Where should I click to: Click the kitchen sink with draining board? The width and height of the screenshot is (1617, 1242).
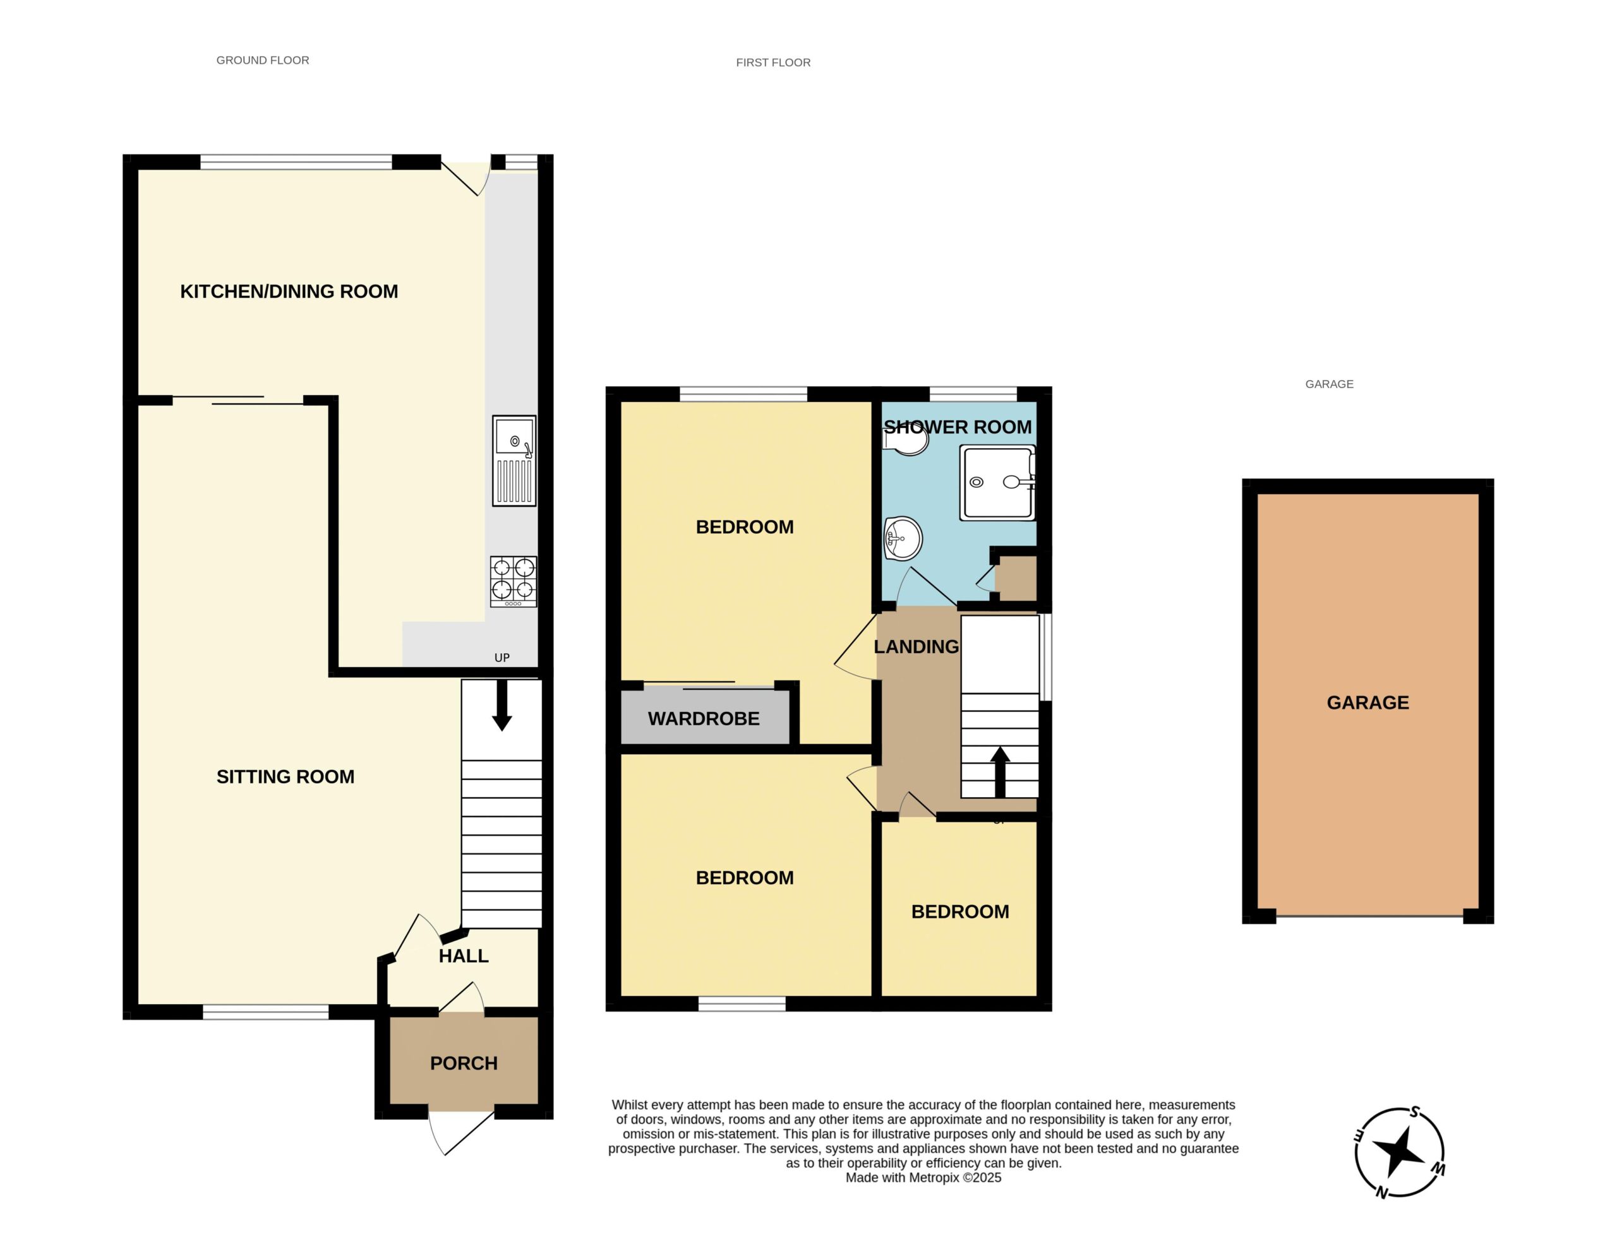click(x=514, y=461)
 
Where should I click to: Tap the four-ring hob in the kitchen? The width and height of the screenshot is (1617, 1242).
click(x=514, y=582)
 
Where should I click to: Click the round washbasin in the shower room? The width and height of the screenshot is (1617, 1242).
click(x=903, y=538)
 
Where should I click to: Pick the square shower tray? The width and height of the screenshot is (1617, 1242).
click(x=997, y=482)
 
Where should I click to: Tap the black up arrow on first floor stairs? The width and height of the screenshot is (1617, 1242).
click(x=1000, y=772)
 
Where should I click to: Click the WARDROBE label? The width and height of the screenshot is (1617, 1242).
click(x=704, y=719)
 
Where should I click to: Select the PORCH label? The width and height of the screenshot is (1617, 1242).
click(x=464, y=1063)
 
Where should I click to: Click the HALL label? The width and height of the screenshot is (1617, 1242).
click(x=464, y=956)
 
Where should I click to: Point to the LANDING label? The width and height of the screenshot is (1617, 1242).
click(x=916, y=647)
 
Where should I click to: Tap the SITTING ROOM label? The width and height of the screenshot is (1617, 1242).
click(x=286, y=776)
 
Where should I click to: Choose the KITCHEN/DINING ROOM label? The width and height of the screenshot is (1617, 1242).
click(x=289, y=292)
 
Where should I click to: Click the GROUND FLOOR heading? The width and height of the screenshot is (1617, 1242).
click(x=263, y=61)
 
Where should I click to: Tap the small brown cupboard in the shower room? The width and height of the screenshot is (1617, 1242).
click(x=1015, y=578)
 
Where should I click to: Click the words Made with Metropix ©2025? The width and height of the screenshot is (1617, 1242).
click(x=923, y=1178)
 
